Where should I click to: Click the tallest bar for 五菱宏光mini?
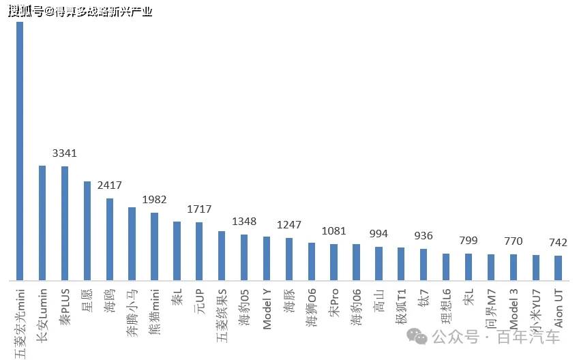(x=20, y=150)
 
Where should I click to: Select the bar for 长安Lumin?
(x=42, y=222)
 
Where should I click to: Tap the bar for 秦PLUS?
(x=65, y=223)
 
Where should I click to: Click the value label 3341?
(x=65, y=153)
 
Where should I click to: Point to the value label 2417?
(x=109, y=185)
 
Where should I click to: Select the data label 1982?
(x=154, y=200)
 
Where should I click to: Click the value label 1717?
(x=199, y=209)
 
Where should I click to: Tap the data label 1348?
(x=244, y=221)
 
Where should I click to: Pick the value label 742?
(x=557, y=243)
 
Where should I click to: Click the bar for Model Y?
(x=266, y=258)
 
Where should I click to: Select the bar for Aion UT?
(x=558, y=267)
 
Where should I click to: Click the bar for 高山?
(x=378, y=263)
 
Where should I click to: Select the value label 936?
(x=423, y=236)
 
